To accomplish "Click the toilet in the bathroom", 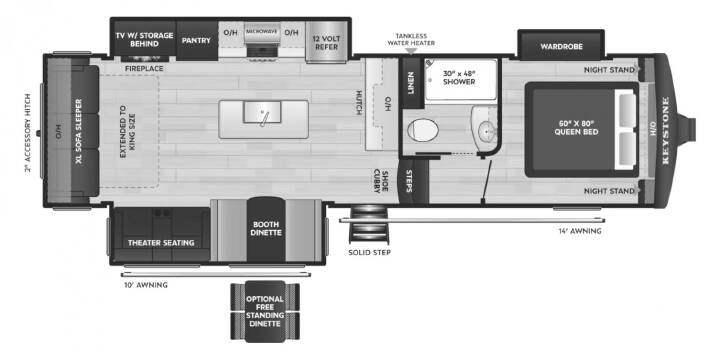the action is [x=423, y=129].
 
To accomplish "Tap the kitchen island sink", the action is [x=262, y=112].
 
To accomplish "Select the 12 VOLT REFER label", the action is [x=325, y=43].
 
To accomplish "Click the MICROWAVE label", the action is [x=262, y=31].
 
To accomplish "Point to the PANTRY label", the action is [x=196, y=40].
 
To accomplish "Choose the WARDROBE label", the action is [x=561, y=46].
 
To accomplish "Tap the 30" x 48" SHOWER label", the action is [x=459, y=77].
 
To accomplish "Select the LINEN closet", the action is [x=411, y=82].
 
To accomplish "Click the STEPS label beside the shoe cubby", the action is [x=409, y=181].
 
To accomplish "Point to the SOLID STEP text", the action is [x=370, y=253].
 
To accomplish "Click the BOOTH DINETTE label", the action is [x=266, y=229].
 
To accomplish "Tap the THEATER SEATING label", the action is [x=161, y=242].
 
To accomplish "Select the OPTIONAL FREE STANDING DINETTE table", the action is [x=265, y=311].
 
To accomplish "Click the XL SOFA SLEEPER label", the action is [x=79, y=131].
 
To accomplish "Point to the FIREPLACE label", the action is [x=144, y=69].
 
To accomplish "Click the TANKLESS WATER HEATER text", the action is [x=411, y=39].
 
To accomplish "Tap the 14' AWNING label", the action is [x=579, y=231].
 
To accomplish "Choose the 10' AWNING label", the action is [x=146, y=285].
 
